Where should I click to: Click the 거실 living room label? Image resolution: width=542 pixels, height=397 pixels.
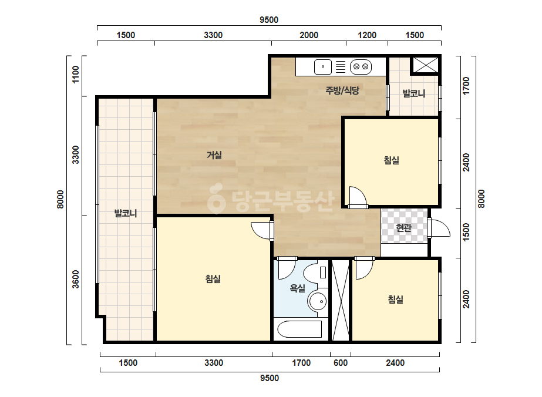tap(214, 155)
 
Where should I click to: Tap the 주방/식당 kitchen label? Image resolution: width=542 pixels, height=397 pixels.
tap(342, 90)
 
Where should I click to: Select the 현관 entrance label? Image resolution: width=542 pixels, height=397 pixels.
tap(404, 227)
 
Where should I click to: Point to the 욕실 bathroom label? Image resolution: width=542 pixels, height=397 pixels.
tap(297, 288)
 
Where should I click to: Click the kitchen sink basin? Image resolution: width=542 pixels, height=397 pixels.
tap(323, 67)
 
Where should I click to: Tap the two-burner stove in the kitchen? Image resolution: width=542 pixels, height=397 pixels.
tap(361, 67)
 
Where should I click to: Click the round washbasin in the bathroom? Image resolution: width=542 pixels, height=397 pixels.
tap(317, 301)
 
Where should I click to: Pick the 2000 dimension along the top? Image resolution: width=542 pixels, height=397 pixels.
tap(309, 35)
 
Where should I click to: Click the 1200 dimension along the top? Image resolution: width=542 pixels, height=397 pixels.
tap(367, 35)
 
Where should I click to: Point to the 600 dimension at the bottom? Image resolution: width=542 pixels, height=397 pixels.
tap(341, 363)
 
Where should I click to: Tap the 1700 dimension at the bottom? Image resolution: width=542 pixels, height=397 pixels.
tap(301, 363)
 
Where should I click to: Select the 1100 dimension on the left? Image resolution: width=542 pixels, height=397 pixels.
tap(75, 75)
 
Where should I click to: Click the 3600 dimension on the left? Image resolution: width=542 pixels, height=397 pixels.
tap(75, 280)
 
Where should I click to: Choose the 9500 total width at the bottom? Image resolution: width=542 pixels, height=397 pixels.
tap(270, 378)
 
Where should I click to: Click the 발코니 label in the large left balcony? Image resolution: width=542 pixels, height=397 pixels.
tap(126, 213)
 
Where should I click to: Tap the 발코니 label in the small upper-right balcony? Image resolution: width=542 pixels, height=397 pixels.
tap(414, 93)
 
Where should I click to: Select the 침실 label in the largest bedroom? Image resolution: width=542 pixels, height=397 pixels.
tap(213, 279)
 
